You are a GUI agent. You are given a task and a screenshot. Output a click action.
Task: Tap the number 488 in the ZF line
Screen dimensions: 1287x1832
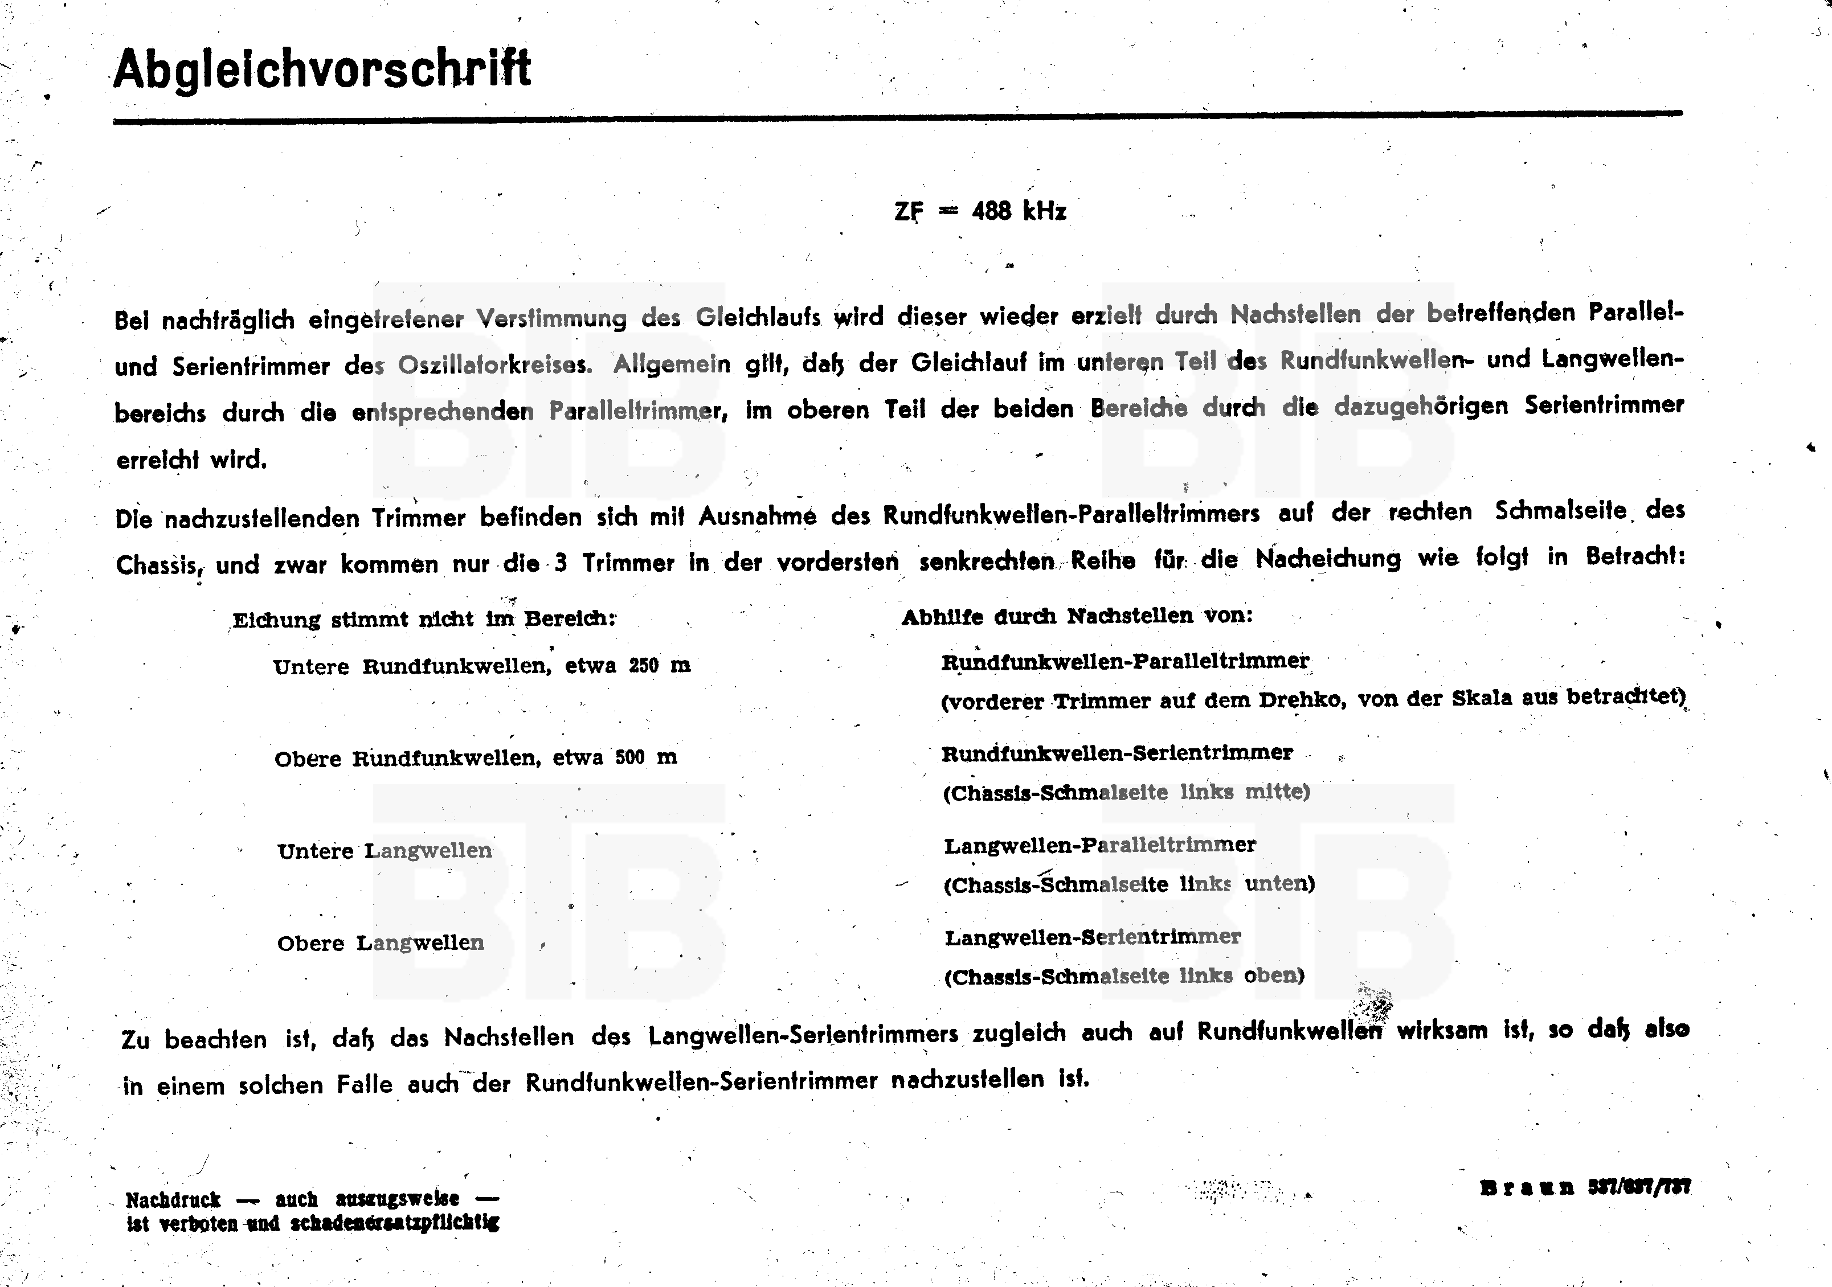pos(992,211)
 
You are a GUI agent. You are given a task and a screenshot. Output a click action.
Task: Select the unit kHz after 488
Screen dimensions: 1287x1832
pos(1044,211)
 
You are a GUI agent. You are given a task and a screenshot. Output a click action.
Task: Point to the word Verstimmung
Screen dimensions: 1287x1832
pos(551,318)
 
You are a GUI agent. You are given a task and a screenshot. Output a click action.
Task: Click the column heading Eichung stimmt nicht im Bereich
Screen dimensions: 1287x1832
pos(424,619)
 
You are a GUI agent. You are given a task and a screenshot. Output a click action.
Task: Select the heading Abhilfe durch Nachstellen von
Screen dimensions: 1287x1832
pos(1077,616)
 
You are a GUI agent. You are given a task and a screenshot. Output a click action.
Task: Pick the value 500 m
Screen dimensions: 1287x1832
pos(645,757)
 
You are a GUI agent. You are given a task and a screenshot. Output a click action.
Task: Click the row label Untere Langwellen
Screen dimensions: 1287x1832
pos(385,851)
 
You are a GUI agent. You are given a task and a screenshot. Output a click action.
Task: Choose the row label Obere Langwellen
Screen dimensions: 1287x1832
pos(381,943)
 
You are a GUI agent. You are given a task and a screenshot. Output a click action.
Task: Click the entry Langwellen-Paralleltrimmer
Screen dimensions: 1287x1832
pos(1099,845)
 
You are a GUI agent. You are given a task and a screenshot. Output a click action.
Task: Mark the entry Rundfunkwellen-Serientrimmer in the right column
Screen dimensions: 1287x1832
pos(1117,753)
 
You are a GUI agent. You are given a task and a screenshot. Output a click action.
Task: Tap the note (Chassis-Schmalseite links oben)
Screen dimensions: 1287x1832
pos(1124,976)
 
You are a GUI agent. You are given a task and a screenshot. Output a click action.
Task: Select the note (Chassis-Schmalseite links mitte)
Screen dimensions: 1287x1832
pos(1126,792)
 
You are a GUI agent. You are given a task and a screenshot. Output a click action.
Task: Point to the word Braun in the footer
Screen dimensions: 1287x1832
pos(1527,1188)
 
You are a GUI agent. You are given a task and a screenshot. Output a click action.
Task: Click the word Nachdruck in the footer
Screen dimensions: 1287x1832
pos(173,1200)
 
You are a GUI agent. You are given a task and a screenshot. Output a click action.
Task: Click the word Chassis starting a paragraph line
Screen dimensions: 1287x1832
pos(157,565)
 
